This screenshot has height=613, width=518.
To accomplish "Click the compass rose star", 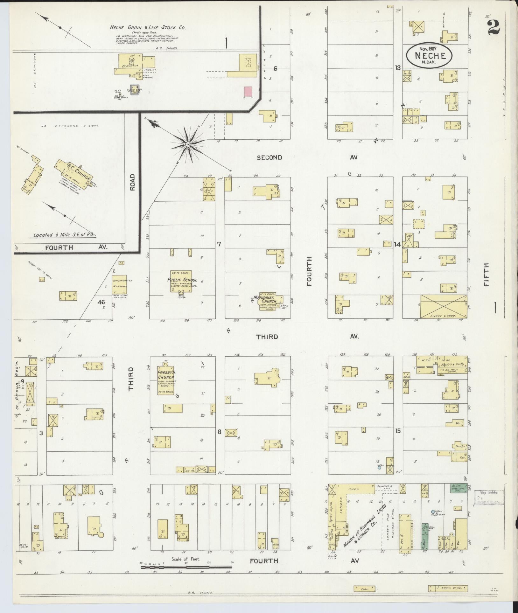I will click(188, 145).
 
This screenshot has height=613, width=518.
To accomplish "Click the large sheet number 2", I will click(493, 25).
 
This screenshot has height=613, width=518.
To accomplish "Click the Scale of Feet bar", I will click(186, 567).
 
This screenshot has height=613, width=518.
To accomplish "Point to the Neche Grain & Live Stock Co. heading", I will click(147, 28).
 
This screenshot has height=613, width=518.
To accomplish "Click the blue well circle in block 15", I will click(379, 468).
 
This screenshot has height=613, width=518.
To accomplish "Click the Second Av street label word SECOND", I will click(269, 157).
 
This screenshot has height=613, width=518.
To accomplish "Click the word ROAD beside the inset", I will click(132, 182).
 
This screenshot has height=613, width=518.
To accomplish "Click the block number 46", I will click(101, 302).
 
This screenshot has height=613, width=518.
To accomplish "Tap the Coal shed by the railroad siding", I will click(364, 589).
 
